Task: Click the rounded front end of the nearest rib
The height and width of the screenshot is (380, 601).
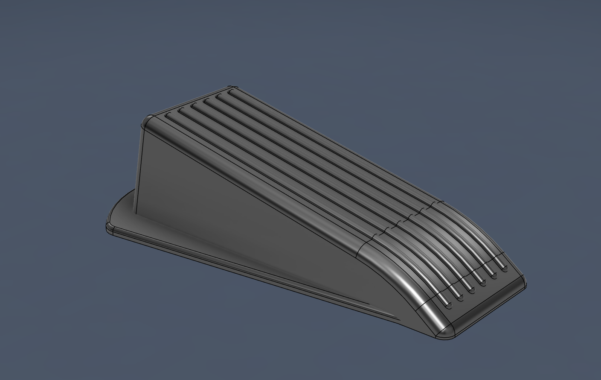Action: pyautogui.click(x=448, y=305)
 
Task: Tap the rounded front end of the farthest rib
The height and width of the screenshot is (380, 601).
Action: pyautogui.click(x=505, y=268)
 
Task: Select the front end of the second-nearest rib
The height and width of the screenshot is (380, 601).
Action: pyautogui.click(x=460, y=297)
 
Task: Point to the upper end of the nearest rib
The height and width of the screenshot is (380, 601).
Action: pyautogui.click(x=168, y=115)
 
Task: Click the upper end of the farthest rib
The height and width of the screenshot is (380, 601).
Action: pyautogui.click(x=231, y=91)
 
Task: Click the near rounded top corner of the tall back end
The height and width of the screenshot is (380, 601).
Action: pyautogui.click(x=148, y=121)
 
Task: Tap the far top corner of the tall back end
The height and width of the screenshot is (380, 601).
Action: pyautogui.click(x=231, y=88)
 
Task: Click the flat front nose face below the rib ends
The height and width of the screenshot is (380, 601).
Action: pyautogui.click(x=486, y=305)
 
